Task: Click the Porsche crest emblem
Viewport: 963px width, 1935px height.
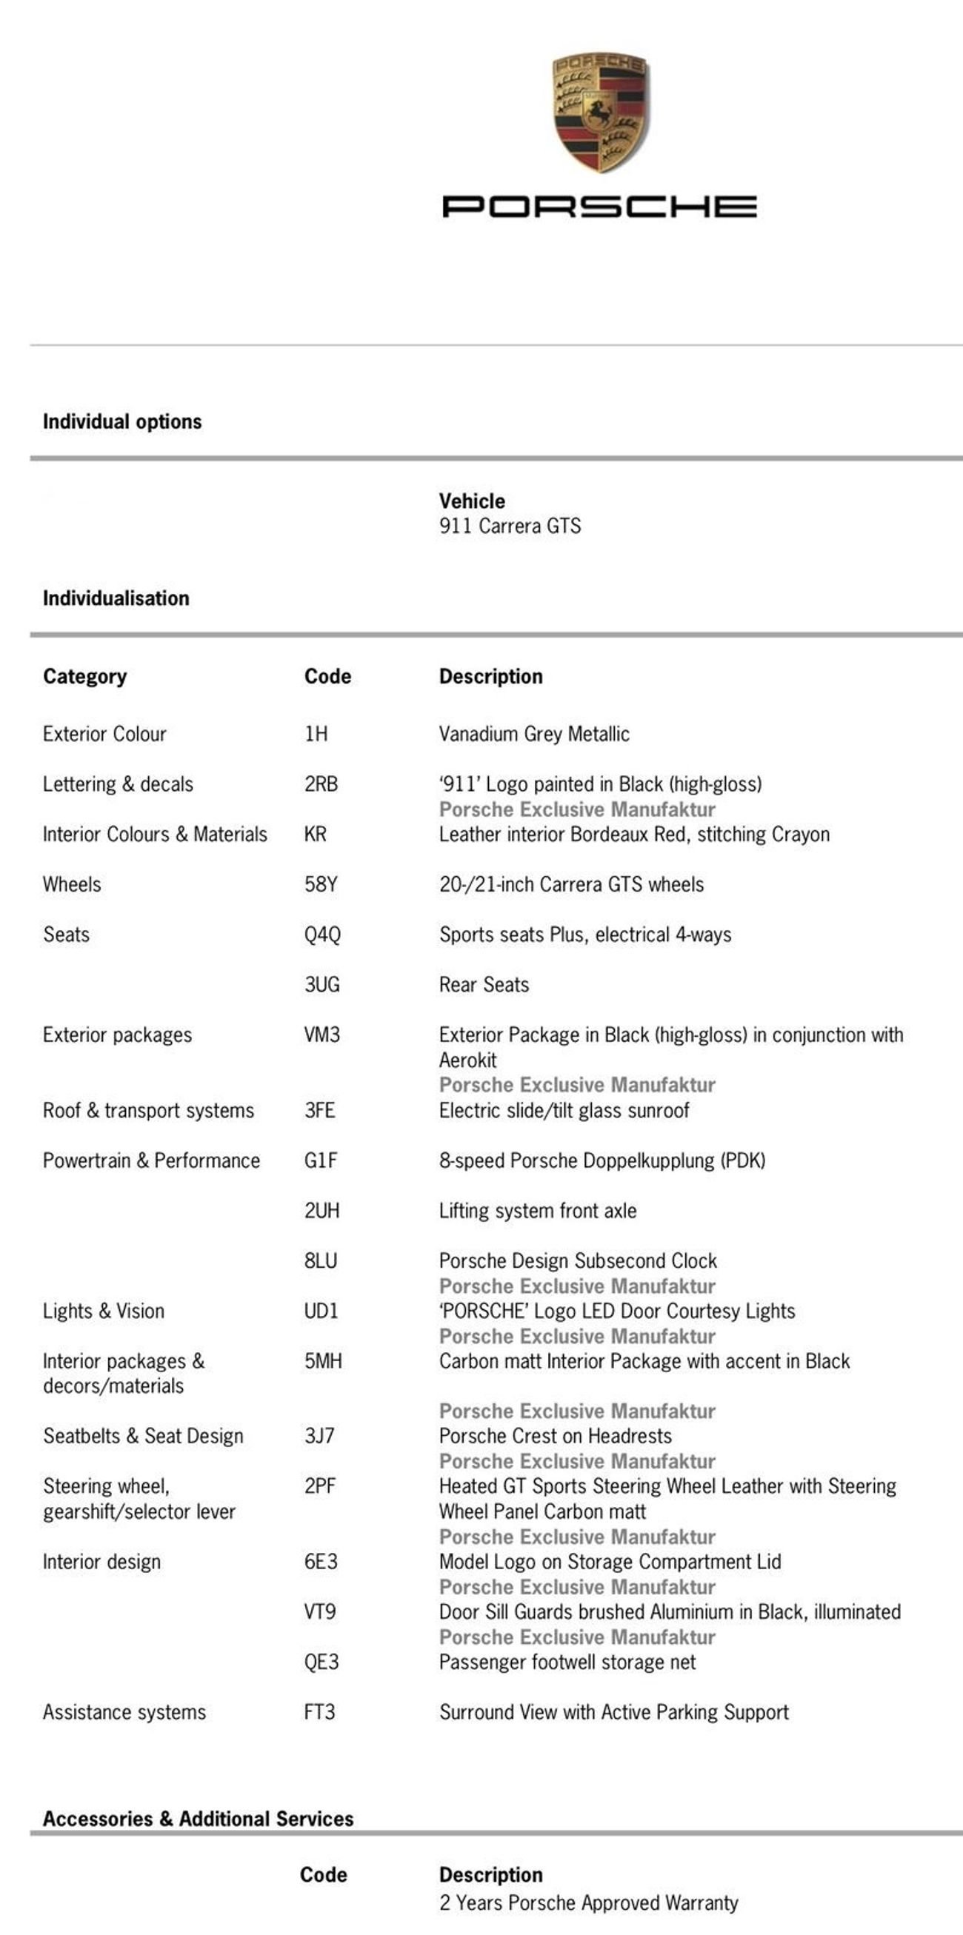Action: click(x=600, y=112)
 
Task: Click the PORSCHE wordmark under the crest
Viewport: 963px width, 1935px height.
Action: click(x=599, y=207)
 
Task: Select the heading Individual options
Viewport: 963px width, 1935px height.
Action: click(x=122, y=422)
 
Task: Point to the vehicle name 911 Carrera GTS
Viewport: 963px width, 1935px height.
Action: click(x=510, y=526)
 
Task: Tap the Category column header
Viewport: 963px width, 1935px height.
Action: click(x=85, y=677)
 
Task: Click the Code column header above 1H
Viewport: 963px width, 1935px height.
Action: click(x=327, y=677)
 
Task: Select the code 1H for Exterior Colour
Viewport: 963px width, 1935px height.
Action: click(x=316, y=734)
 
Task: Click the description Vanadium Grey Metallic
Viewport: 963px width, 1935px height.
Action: click(x=534, y=734)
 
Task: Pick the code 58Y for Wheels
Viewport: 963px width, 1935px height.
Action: click(x=321, y=885)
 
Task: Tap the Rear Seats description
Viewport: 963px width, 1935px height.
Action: click(x=484, y=985)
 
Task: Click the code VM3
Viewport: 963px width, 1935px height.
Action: click(x=322, y=1035)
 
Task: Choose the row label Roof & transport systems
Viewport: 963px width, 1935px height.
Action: click(x=148, y=1111)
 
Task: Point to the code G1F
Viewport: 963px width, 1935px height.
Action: click(x=321, y=1161)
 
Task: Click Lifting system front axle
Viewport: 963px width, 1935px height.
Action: click(x=538, y=1211)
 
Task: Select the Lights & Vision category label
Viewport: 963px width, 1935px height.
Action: click(x=104, y=1311)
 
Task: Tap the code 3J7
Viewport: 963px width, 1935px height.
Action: click(x=319, y=1436)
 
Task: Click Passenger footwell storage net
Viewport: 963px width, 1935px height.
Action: click(x=567, y=1662)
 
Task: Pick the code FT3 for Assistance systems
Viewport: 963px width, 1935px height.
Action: click(x=319, y=1713)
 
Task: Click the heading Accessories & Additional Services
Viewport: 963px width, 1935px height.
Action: click(x=199, y=1819)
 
